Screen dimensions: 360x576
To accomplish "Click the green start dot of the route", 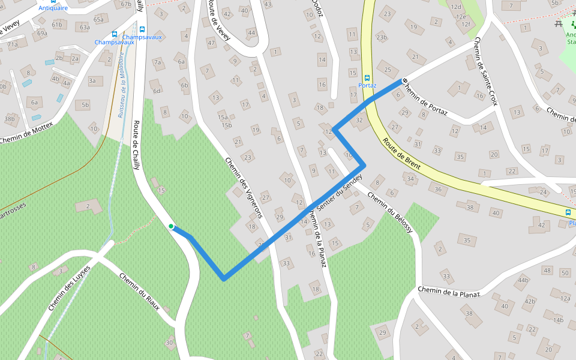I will tap(171, 226).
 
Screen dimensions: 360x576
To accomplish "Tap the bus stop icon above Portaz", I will tap(367, 77).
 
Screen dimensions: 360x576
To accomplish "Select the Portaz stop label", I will tap(367, 85).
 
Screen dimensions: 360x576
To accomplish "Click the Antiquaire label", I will tap(53, 8).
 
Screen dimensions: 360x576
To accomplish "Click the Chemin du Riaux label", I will tap(139, 291).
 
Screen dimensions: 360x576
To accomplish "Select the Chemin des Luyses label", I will tap(69, 288).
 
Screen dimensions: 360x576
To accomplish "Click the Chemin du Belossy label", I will tap(390, 213).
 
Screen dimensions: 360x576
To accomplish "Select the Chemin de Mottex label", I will tap(26, 133).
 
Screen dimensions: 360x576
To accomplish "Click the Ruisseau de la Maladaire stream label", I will tap(122, 84).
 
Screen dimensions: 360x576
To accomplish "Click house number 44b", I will tap(523, 280).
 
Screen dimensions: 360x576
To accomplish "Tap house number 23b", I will tap(381, 37).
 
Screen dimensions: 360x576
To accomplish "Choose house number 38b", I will tap(9, 119).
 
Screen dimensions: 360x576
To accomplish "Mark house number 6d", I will tap(157, 91).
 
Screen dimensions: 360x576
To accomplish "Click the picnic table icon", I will tap(559, 23).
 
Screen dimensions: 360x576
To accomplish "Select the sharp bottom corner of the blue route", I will tap(223, 279).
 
